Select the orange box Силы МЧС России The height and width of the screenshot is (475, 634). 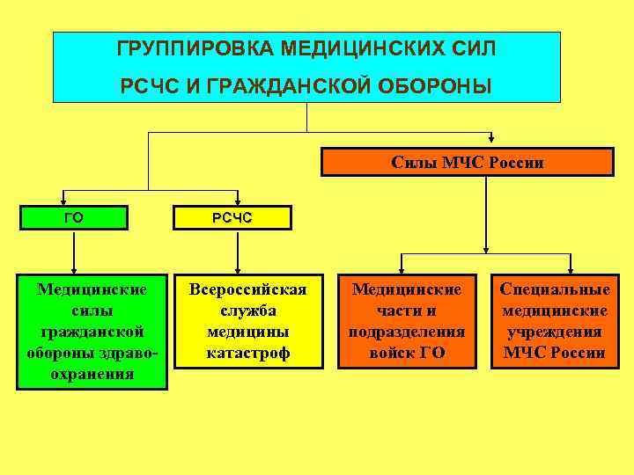pyautogui.click(x=467, y=163)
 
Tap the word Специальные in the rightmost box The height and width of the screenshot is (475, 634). pyautogui.click(x=554, y=290)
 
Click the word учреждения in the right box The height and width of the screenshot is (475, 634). pyautogui.click(x=554, y=332)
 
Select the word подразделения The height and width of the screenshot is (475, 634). pyautogui.click(x=407, y=332)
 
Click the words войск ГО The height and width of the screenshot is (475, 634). pyautogui.click(x=407, y=354)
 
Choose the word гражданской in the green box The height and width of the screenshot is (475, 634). pyautogui.click(x=92, y=332)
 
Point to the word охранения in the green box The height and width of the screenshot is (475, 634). pyautogui.click(x=92, y=374)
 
